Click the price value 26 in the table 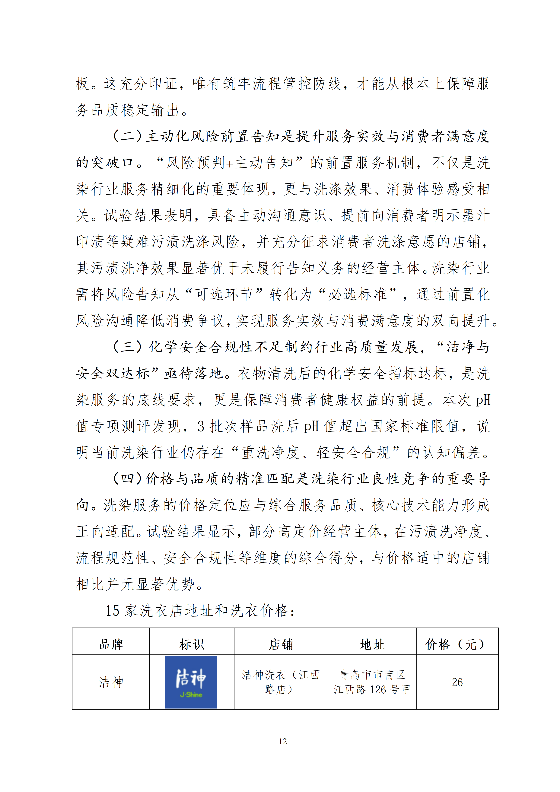coord(457,682)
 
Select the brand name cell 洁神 coord(111,682)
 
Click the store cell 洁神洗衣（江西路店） coord(281,682)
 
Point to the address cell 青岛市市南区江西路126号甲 coord(372,682)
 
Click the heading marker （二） coord(128,136)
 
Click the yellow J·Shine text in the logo coord(191,694)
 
